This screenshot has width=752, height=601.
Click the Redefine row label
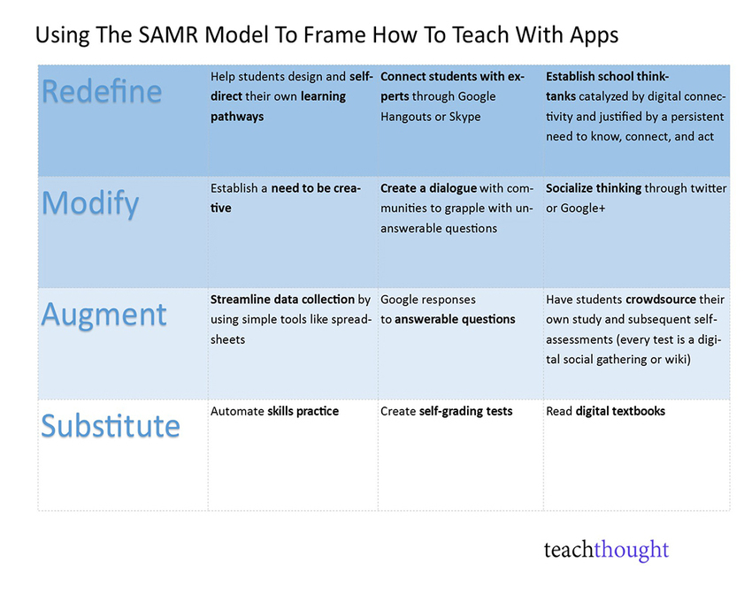102,91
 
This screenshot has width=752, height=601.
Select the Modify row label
90,203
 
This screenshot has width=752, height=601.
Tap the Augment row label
104,314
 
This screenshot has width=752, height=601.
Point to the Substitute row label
111,425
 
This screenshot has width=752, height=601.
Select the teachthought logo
606,551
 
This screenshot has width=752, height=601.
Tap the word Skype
464,117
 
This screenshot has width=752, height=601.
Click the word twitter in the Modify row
707,188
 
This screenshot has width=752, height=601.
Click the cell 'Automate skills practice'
274,411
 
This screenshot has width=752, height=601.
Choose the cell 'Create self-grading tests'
446,411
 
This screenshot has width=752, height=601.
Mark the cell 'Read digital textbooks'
605,411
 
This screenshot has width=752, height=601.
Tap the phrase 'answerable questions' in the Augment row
455,319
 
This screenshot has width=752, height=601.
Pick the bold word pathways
237,117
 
